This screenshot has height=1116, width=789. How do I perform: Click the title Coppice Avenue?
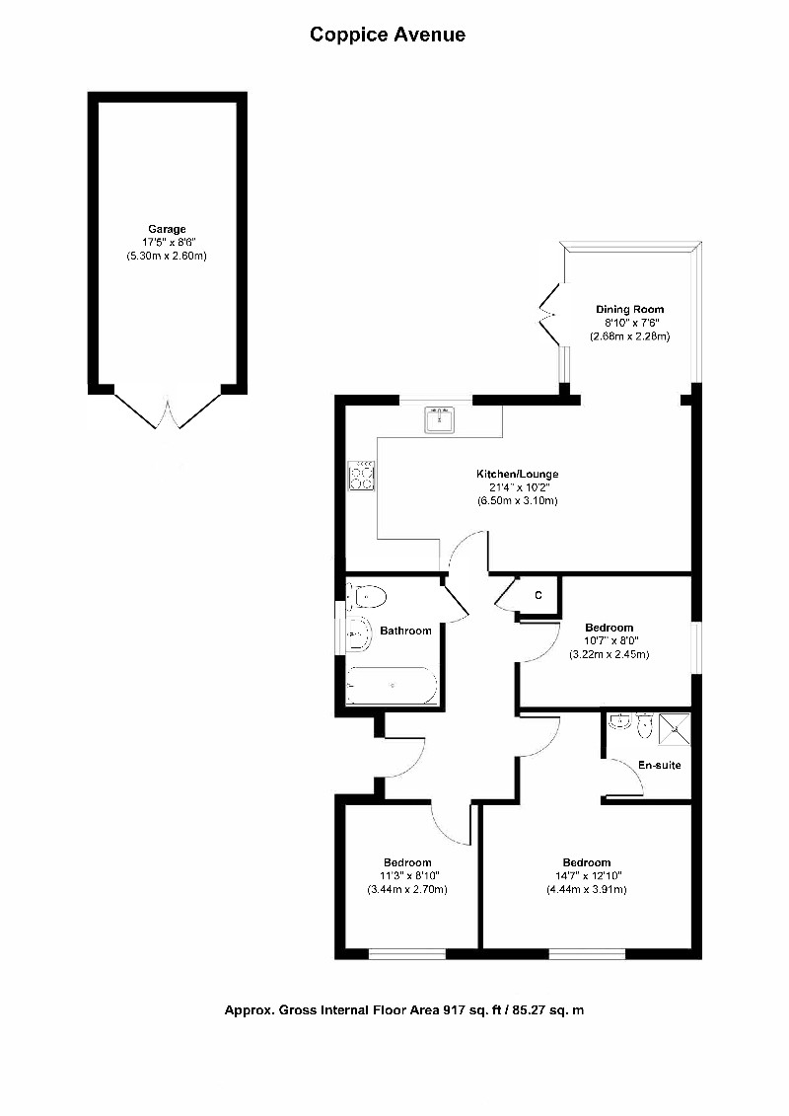(388, 36)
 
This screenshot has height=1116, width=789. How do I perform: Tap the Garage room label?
(167, 229)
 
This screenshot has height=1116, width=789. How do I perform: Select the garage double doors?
(168, 408)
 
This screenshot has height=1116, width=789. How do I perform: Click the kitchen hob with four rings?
(362, 476)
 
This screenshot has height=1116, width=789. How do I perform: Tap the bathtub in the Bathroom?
(392, 685)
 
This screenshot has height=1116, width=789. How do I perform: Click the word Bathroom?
(406, 632)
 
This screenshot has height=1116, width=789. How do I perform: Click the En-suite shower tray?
(675, 727)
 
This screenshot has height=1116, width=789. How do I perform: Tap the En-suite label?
(659, 765)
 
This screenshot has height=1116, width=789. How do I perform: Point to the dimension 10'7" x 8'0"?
(609, 641)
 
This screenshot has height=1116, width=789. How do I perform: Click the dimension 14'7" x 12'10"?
(587, 875)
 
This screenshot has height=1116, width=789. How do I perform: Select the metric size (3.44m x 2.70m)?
(407, 889)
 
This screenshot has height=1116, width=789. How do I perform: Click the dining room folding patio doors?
(546, 313)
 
